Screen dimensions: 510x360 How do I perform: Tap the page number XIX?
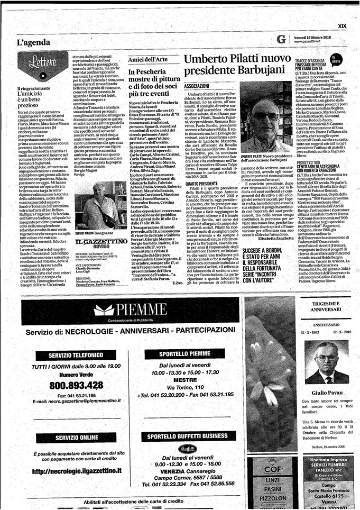click(342, 25)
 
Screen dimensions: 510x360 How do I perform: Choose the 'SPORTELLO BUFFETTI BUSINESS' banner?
click(180, 436)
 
